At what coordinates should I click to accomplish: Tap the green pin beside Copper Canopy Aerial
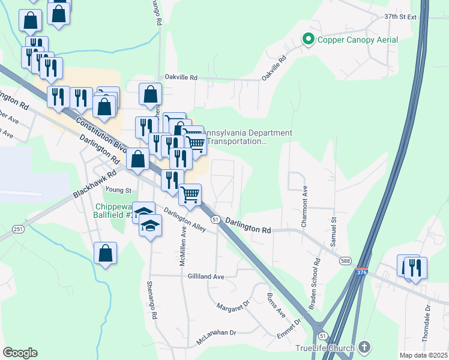coord(309,40)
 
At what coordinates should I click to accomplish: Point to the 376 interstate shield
coord(361,272)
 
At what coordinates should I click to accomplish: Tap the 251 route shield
coord(18,229)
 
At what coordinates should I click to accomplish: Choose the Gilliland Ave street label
coord(205,277)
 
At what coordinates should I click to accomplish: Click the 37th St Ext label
coord(400,17)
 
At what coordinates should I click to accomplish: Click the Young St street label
coord(118,190)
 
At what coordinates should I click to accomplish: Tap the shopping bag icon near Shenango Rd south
coord(106,253)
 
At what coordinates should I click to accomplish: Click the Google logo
coord(20,353)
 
